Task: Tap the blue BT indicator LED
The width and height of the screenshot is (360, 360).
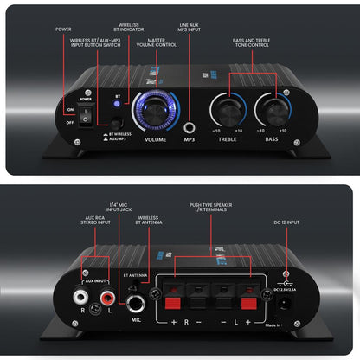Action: (118, 102)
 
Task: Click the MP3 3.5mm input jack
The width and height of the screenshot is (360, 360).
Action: (188, 125)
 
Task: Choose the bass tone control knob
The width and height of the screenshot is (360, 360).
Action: (272, 110)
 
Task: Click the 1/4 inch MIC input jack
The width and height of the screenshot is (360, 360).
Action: (136, 303)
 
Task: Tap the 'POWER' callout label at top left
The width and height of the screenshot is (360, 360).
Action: (64, 29)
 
